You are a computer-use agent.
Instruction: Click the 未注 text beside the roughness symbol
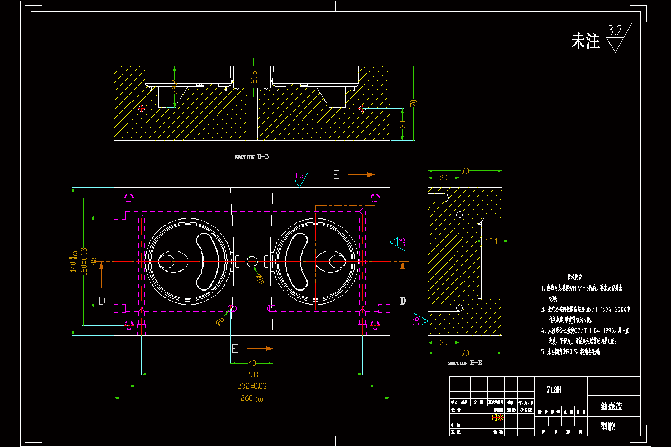[x=585, y=41]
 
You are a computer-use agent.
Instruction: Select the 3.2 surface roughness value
[x=616, y=31]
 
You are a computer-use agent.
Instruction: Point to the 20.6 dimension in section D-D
[x=254, y=77]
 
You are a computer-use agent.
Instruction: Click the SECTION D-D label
[x=252, y=157]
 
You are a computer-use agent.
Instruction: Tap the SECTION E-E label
[x=465, y=363]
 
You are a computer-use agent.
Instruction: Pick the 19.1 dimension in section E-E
[x=492, y=241]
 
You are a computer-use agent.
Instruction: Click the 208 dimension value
[x=252, y=374]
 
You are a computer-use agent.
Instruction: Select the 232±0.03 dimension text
[x=252, y=386]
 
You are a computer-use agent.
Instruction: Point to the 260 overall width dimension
[x=253, y=398]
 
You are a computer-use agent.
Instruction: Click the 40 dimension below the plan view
[x=252, y=363]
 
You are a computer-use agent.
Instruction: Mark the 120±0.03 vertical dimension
[x=84, y=261]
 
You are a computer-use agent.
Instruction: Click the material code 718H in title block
[x=554, y=390]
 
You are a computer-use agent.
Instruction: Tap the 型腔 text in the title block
[x=608, y=426]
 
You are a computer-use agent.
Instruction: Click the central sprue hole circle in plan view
[x=252, y=261]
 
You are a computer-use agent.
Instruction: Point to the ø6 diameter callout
[x=220, y=320]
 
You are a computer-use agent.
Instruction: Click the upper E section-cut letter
[x=336, y=175]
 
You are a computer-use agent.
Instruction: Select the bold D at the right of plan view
[x=403, y=301]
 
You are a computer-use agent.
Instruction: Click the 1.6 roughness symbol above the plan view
[x=300, y=177]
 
